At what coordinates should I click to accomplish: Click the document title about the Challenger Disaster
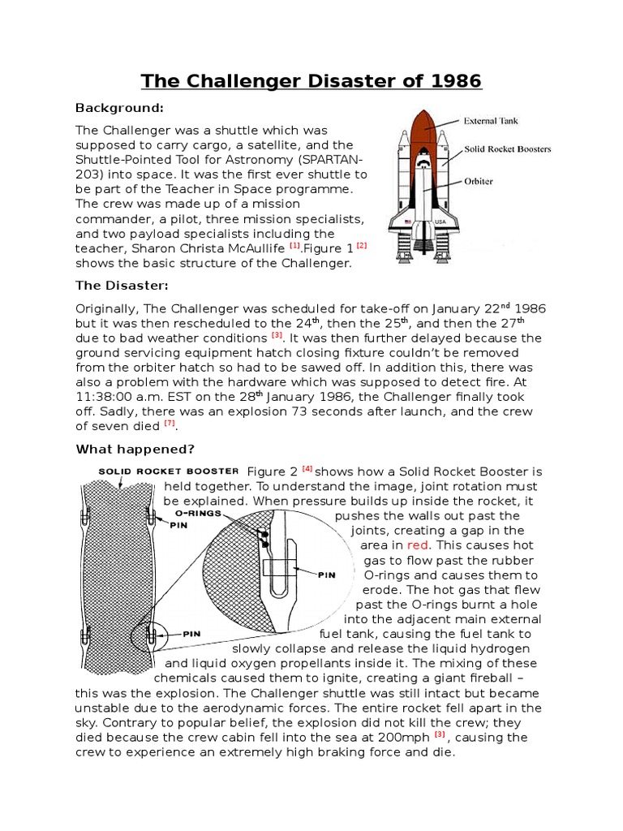click(x=311, y=81)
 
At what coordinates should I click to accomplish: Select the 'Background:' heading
click(x=119, y=108)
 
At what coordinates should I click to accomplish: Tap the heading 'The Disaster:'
click(x=120, y=285)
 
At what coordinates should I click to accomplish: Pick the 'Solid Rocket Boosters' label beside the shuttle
click(x=507, y=149)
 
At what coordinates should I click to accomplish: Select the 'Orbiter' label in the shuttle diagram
click(x=479, y=182)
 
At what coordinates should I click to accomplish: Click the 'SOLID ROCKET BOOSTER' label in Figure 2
click(x=168, y=471)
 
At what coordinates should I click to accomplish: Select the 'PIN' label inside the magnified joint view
click(x=326, y=574)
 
